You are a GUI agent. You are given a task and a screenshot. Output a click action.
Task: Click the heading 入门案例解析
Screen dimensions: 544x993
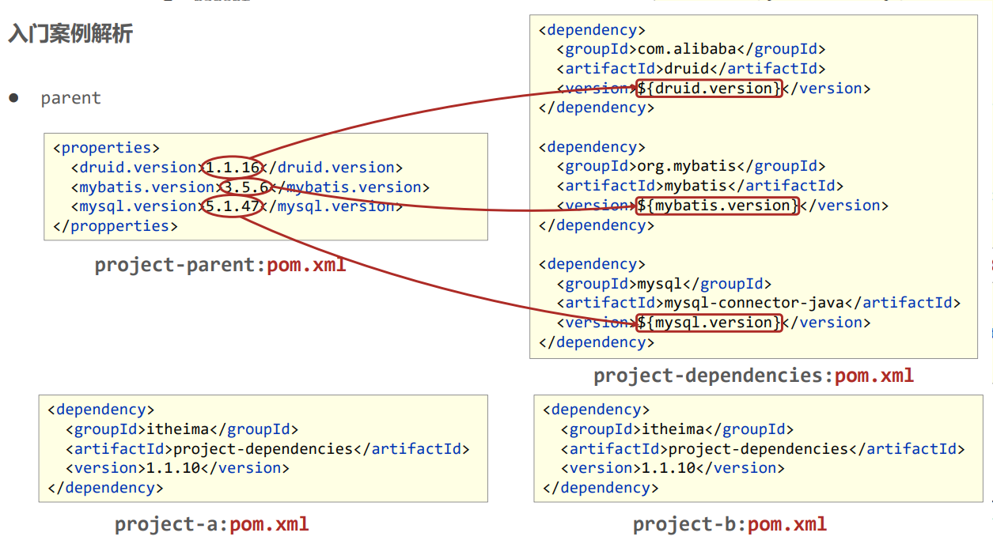(x=70, y=34)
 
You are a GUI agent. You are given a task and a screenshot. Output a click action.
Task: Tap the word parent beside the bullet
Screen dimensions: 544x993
(x=71, y=98)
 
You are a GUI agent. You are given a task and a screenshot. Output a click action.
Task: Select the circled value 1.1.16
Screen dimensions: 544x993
(x=233, y=168)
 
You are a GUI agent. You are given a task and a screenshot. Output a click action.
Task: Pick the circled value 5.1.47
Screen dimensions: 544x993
(x=233, y=206)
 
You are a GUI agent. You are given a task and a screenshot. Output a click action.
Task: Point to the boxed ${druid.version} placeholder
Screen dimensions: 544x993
(x=709, y=88)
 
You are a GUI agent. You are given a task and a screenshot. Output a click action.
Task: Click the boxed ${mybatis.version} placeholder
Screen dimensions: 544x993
(x=718, y=206)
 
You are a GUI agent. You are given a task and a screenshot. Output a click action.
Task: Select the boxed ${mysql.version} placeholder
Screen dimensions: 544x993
(x=709, y=323)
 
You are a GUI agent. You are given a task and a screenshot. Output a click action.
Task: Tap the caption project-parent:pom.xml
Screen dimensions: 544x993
(x=220, y=265)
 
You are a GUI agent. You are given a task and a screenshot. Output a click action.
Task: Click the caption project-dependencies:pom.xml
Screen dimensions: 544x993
(x=753, y=376)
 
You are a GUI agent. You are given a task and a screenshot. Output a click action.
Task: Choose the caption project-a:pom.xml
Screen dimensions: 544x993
(x=211, y=524)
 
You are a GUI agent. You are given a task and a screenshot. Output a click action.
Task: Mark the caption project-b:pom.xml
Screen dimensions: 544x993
(x=730, y=524)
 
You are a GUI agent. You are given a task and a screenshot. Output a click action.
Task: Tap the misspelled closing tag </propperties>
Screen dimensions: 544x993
(x=116, y=226)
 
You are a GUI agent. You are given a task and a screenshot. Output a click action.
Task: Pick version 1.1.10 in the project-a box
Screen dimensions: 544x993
(x=173, y=468)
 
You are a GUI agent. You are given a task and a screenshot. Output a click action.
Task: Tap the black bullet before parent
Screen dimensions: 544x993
(x=13, y=98)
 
